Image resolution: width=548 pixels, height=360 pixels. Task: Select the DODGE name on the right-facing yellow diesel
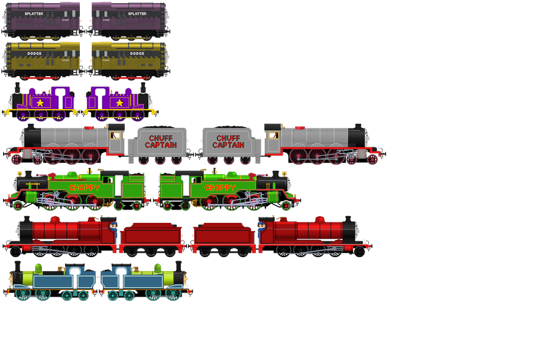(x=137, y=54)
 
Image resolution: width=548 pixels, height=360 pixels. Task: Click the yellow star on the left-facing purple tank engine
(x=40, y=103)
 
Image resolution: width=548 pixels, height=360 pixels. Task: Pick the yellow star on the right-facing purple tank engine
(x=119, y=103)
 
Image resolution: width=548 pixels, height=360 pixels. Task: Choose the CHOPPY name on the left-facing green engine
(x=84, y=188)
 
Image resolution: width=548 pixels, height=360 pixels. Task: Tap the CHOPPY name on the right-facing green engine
(x=220, y=188)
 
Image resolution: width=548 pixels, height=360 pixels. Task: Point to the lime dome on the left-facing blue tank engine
(x=38, y=267)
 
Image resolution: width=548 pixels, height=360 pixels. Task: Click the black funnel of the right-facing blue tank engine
(x=178, y=266)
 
